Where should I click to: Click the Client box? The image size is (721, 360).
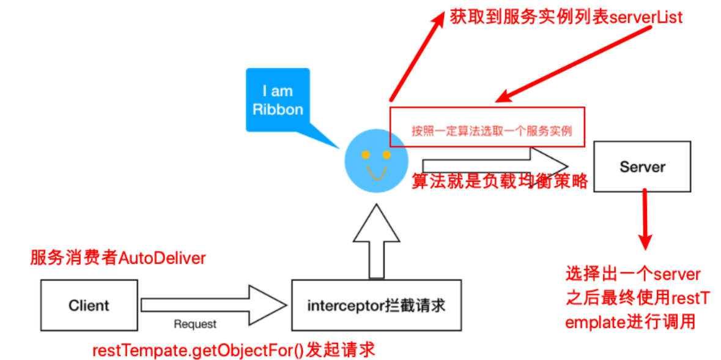89,305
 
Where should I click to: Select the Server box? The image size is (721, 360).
643,166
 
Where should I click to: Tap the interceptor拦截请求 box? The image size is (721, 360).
376,305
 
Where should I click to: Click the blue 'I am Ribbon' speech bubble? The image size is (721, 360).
278,100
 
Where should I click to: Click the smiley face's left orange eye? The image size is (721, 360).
365,154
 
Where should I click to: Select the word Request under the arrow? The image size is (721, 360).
195,324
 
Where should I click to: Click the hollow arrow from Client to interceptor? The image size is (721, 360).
202,304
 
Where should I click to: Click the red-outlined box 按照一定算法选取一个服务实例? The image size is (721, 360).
487,127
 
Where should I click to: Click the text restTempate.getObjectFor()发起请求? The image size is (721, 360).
233,350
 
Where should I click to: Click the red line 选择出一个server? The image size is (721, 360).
634,273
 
